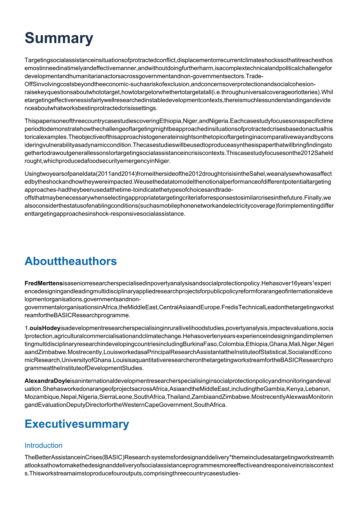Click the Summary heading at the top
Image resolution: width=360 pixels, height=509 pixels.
click(59, 38)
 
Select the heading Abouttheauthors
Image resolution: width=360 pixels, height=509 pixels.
click(70, 261)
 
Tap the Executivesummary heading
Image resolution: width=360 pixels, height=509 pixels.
click(76, 424)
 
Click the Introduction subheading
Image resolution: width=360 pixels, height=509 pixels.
click(43, 446)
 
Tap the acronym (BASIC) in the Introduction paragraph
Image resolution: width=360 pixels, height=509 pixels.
click(124, 457)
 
